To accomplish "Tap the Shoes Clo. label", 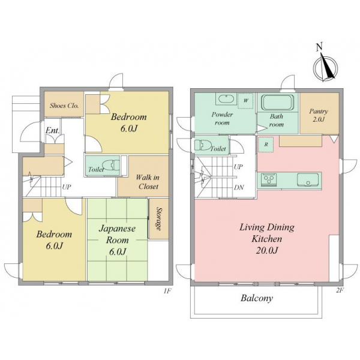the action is click(64, 106).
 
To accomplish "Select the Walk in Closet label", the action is click(148, 182).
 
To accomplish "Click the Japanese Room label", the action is click(118, 240).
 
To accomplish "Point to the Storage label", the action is click(158, 218).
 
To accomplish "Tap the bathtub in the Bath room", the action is click(278, 103).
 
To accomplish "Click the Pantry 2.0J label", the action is click(319, 115).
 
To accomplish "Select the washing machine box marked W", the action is click(246, 101).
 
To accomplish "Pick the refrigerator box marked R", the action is click(266, 145).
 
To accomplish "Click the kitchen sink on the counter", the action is click(308, 180).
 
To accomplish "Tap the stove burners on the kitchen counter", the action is click(269, 179).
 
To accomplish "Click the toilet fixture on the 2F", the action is click(203, 145).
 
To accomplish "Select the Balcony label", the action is click(257, 298).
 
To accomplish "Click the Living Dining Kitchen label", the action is click(267, 239).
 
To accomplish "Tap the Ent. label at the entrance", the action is click(53, 131).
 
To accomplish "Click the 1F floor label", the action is click(167, 291).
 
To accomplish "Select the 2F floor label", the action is click(340, 290).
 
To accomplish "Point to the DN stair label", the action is click(239, 188).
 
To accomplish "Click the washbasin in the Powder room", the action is click(226, 99).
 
